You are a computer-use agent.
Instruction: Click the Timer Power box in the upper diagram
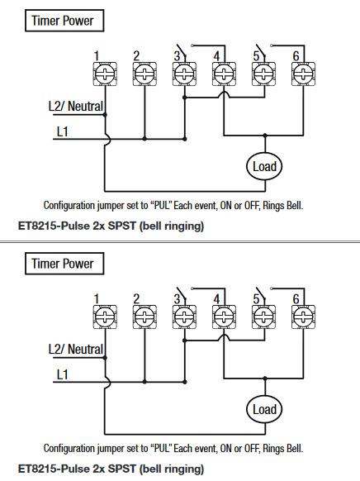click(61, 20)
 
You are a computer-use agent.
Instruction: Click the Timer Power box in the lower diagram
click(61, 264)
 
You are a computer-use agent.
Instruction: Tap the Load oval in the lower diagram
click(263, 409)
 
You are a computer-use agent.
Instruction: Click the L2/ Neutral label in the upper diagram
click(75, 107)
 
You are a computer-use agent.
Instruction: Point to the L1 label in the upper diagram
click(62, 131)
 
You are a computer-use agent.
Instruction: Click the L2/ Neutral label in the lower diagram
click(75, 350)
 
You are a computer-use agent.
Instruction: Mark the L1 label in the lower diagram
click(62, 375)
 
